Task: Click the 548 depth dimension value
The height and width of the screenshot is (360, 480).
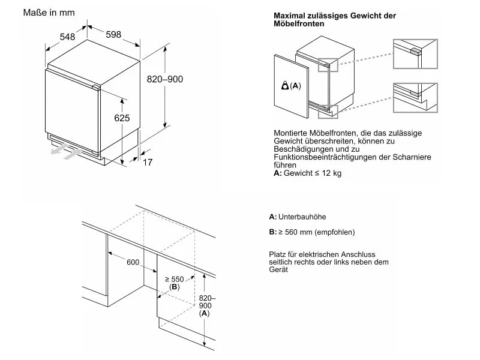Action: pyautogui.click(x=67, y=37)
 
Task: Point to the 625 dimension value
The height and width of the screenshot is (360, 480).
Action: pyautogui.click(x=122, y=119)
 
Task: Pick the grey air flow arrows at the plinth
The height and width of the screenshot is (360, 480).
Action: pyautogui.click(x=65, y=154)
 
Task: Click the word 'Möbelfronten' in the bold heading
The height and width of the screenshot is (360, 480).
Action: pyautogui.click(x=300, y=24)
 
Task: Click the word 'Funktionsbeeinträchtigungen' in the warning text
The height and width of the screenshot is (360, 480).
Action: pyautogui.click(x=324, y=157)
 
